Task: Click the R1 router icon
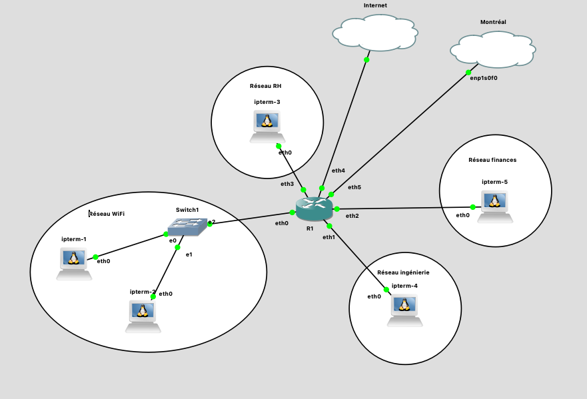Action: point(314,209)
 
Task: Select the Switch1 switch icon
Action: point(187,226)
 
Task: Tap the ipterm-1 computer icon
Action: point(73,263)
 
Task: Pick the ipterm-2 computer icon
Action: point(143,316)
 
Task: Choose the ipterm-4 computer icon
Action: point(405,310)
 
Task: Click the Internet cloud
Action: point(375,32)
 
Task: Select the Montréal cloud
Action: point(492,49)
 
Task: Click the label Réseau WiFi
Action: point(108,214)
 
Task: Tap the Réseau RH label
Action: point(265,85)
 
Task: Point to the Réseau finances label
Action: point(492,160)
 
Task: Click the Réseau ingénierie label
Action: point(403,272)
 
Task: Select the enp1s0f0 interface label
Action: point(484,78)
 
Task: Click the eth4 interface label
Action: point(338,171)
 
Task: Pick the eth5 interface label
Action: point(354,187)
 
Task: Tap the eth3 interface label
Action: point(287,184)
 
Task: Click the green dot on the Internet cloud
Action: point(366,60)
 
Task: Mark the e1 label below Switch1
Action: point(189,255)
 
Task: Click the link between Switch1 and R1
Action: point(251,218)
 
